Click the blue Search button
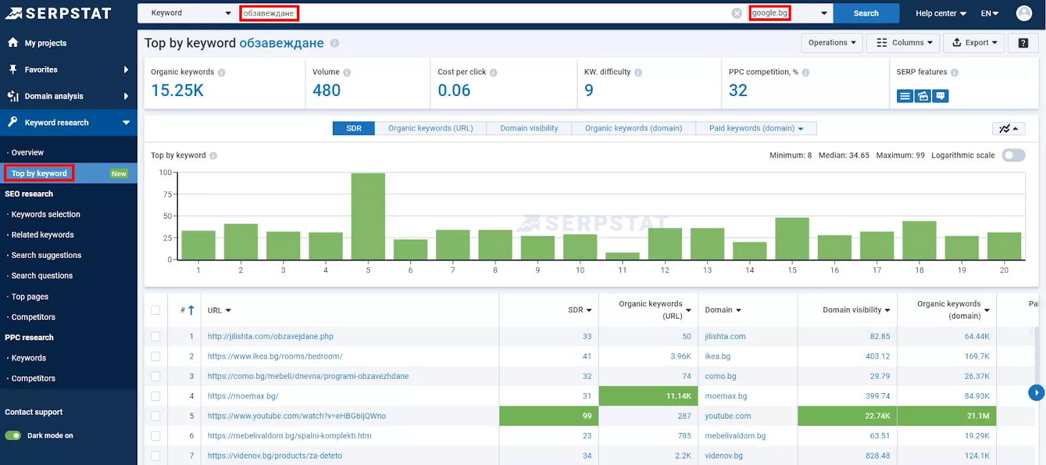coord(866,13)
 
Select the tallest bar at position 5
coord(368,216)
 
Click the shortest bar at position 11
coord(622,256)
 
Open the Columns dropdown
coord(904,42)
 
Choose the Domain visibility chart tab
coord(529,128)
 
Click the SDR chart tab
coord(354,128)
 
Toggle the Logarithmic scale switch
coord(1013,155)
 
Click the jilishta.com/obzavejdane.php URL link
coord(271,336)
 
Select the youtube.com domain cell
coord(728,415)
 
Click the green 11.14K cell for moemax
coord(648,396)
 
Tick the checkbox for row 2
coord(156,357)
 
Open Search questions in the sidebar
coord(42,276)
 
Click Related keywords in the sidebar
coord(42,234)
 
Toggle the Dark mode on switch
coord(13,436)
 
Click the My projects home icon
coord(13,42)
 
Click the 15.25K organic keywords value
coord(177,90)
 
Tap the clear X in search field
coord(736,13)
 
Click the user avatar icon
coord(1024,13)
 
